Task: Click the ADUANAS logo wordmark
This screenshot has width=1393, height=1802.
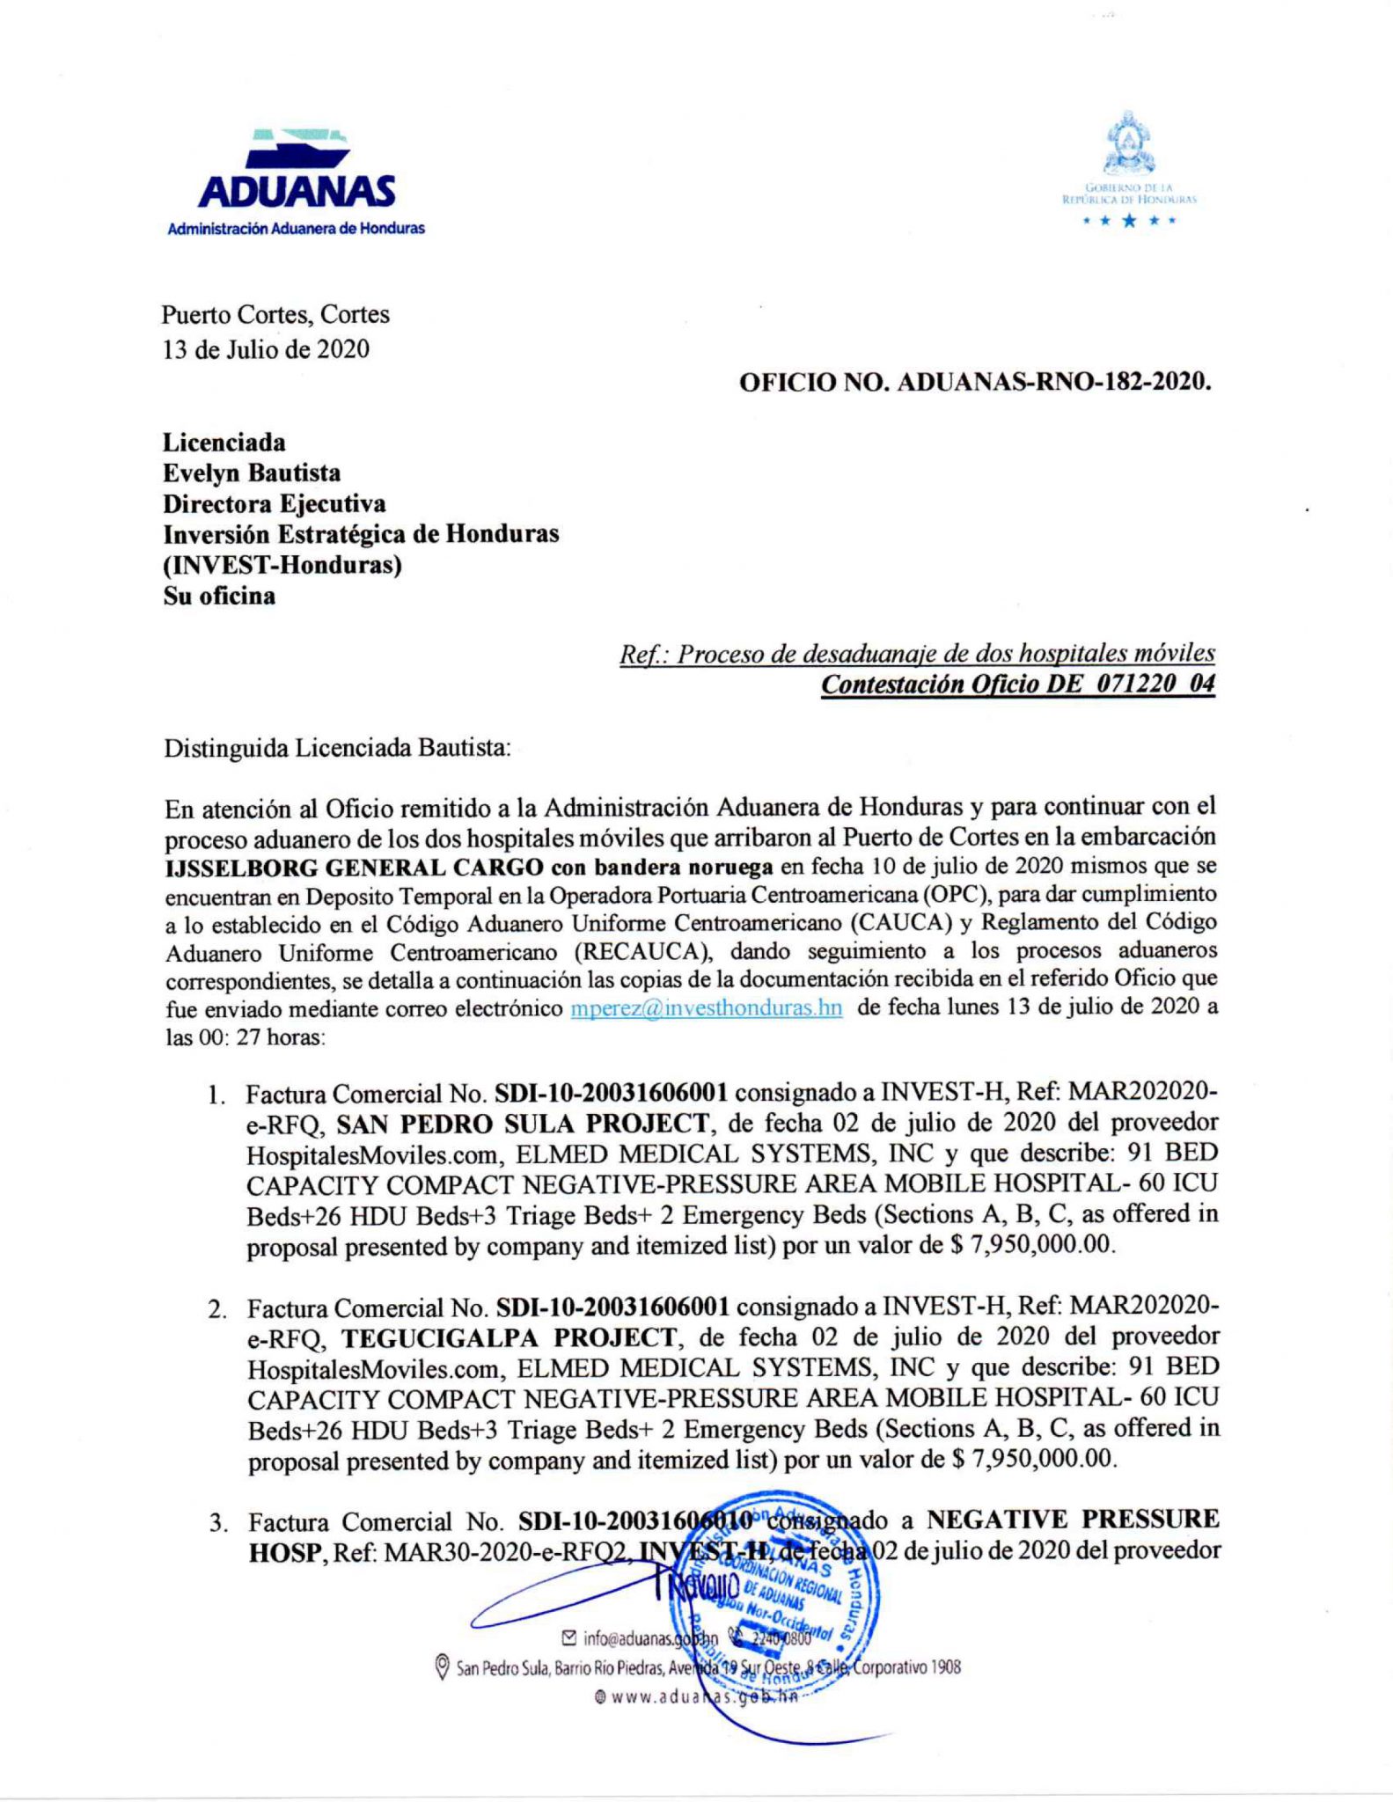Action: [297, 192]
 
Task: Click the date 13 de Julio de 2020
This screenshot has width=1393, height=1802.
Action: [267, 349]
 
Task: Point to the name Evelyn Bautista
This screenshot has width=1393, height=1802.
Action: [252, 473]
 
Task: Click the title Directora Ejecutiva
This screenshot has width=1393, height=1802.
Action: [275, 504]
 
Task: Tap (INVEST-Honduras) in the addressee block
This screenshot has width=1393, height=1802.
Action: [282, 565]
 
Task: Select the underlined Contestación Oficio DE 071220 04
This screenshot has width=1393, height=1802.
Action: [1017, 685]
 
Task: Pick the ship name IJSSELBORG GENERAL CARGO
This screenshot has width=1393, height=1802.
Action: [352, 866]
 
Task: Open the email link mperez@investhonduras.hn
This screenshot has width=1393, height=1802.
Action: [707, 1007]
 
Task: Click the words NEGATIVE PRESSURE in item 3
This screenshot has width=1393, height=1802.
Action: [1074, 1520]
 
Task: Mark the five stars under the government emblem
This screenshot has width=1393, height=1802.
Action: [1130, 221]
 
